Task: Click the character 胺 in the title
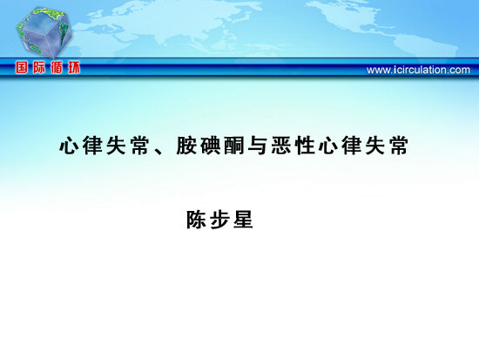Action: pyautogui.click(x=186, y=146)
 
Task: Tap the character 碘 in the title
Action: pyautogui.click(x=210, y=146)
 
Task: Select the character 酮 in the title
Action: pyautogui.click(x=233, y=146)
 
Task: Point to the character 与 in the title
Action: pyautogui.click(x=257, y=146)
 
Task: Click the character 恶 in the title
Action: pyautogui.click(x=281, y=146)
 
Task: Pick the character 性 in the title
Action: pyautogui.click(x=305, y=146)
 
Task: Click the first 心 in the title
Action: pyautogui.click(x=69, y=146)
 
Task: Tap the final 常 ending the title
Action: pyautogui.click(x=399, y=146)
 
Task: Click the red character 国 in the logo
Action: pyautogui.click(x=22, y=67)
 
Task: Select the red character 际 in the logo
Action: pyautogui.click(x=39, y=67)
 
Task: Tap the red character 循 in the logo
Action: pyautogui.click(x=57, y=67)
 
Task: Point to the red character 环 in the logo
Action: pyautogui.click(x=74, y=67)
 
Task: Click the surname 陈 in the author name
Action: pyautogui.click(x=196, y=220)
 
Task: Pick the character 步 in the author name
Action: pyautogui.click(x=219, y=220)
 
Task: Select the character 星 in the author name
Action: pyautogui.click(x=243, y=220)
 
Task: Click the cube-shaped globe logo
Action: pyautogui.click(x=44, y=33)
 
